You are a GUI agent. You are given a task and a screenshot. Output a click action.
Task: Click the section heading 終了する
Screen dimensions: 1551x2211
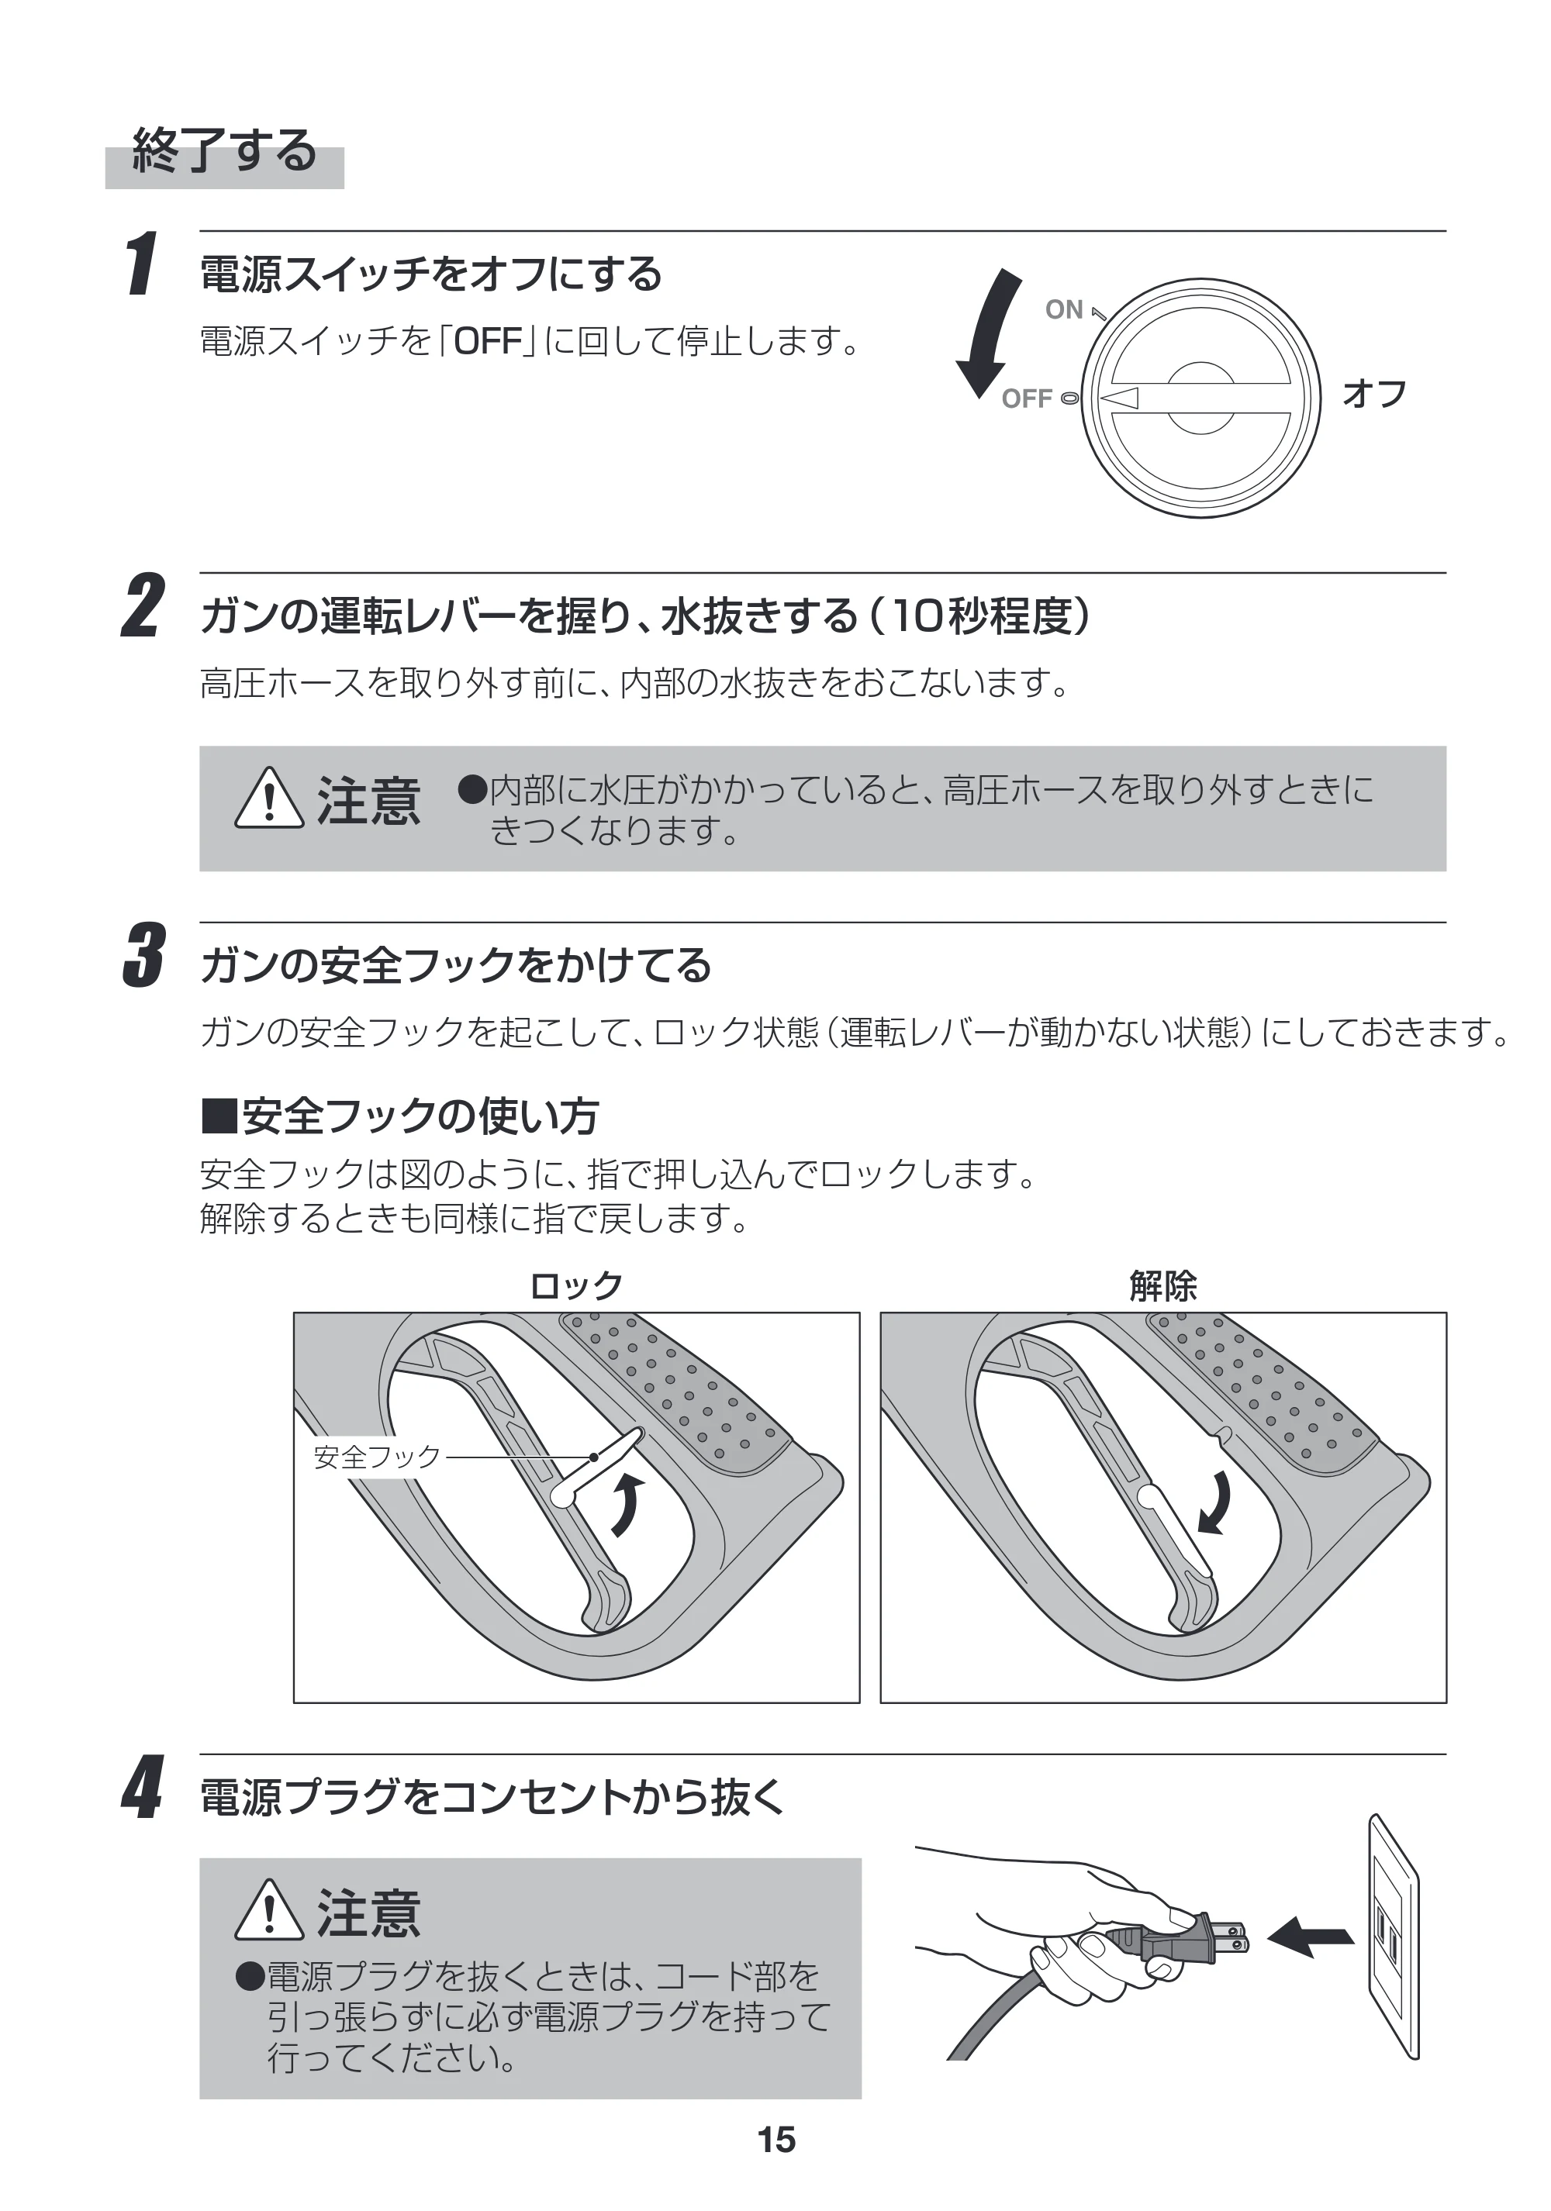(x=224, y=150)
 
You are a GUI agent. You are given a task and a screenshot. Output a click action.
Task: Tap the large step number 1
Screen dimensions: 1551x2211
(x=142, y=263)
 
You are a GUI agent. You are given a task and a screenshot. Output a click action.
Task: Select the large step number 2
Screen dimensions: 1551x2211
(x=143, y=605)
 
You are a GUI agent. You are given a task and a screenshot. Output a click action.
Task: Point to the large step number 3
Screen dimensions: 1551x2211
(x=143, y=954)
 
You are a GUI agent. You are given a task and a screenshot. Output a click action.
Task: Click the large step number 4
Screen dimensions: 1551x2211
(x=143, y=1786)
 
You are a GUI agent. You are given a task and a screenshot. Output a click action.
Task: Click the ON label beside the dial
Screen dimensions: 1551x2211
(x=1065, y=309)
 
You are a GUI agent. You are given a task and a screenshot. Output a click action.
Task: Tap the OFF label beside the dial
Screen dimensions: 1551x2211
(x=1027, y=398)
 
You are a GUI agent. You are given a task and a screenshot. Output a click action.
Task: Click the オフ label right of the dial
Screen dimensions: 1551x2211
(x=1375, y=393)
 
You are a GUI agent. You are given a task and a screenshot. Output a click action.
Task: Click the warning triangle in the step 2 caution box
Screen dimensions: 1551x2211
(x=269, y=799)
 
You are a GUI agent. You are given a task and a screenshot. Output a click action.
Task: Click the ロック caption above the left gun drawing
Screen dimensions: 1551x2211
(x=576, y=1285)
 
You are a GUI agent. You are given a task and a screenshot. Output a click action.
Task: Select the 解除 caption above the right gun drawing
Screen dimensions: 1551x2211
(x=1162, y=1285)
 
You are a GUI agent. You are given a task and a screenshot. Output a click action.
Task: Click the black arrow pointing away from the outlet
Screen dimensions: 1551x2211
(x=1311, y=1936)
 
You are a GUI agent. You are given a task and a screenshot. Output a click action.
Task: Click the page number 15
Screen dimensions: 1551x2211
(x=776, y=2140)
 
